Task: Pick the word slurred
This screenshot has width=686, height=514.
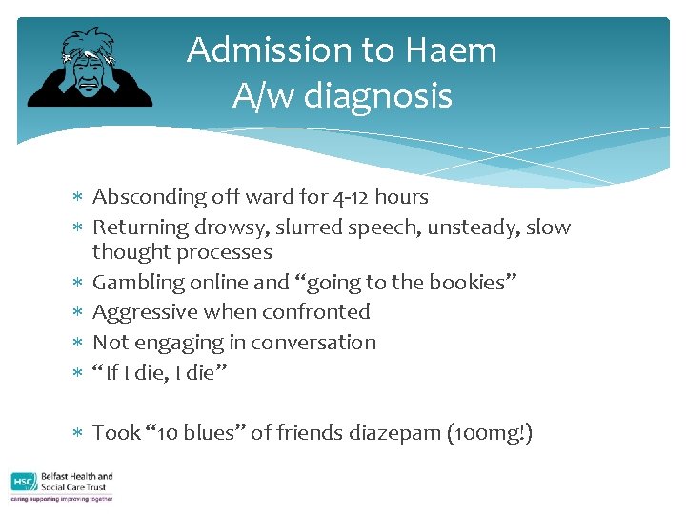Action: coord(329,227)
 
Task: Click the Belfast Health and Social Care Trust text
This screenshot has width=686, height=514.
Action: coord(78,482)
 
